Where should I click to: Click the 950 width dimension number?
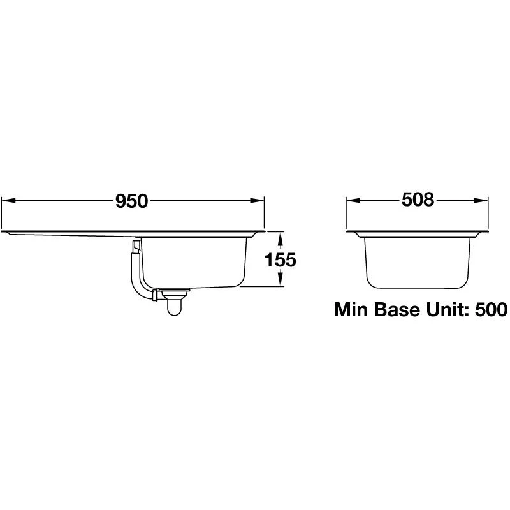pos(131,201)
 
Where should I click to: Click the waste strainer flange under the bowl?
pos(173,294)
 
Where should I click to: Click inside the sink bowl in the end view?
pos(418,258)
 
